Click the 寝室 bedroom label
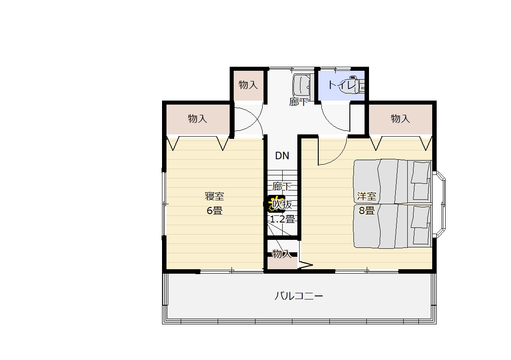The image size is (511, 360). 215,196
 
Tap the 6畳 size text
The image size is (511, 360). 215,211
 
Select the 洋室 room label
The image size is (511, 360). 367,196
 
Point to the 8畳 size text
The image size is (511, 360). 367,211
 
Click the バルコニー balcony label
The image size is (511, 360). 299,296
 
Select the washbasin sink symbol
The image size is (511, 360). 303,85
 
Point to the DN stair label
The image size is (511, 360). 282,156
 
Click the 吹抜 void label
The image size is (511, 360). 282,205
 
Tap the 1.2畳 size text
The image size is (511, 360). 282,219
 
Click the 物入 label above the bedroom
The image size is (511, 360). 198,118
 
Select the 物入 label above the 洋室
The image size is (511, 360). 400,118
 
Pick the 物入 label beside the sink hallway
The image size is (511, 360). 248,85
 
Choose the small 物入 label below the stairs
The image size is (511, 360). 282,254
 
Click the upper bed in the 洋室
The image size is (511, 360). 393,182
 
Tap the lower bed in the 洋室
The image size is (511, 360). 393,226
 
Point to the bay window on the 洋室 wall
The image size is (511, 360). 439,203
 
